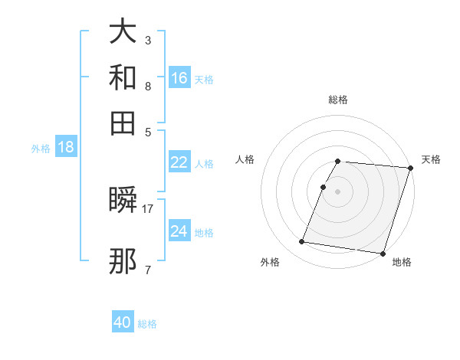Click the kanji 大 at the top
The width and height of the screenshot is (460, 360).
(123, 32)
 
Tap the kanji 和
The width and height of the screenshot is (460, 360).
(123, 77)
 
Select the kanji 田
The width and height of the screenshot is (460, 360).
(123, 122)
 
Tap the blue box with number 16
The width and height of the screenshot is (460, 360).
(179, 77)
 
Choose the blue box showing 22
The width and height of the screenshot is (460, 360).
(179, 162)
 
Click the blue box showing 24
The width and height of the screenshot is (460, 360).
(179, 231)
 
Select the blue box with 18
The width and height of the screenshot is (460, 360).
(66, 148)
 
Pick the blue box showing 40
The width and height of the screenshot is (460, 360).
(123, 322)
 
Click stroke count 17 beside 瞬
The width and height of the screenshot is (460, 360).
(148, 208)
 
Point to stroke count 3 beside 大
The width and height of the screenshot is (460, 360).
(148, 39)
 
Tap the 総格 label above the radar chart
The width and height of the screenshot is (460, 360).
(338, 100)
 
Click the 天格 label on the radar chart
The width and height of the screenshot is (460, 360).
(431, 159)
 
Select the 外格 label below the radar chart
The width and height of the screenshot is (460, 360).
(270, 263)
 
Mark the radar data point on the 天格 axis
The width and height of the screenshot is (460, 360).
(410, 168)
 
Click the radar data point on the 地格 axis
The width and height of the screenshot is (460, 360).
(382, 253)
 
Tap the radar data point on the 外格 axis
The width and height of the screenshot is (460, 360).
(302, 242)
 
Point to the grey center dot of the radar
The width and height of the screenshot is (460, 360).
(337, 191)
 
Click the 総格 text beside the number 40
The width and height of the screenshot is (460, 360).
(147, 324)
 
